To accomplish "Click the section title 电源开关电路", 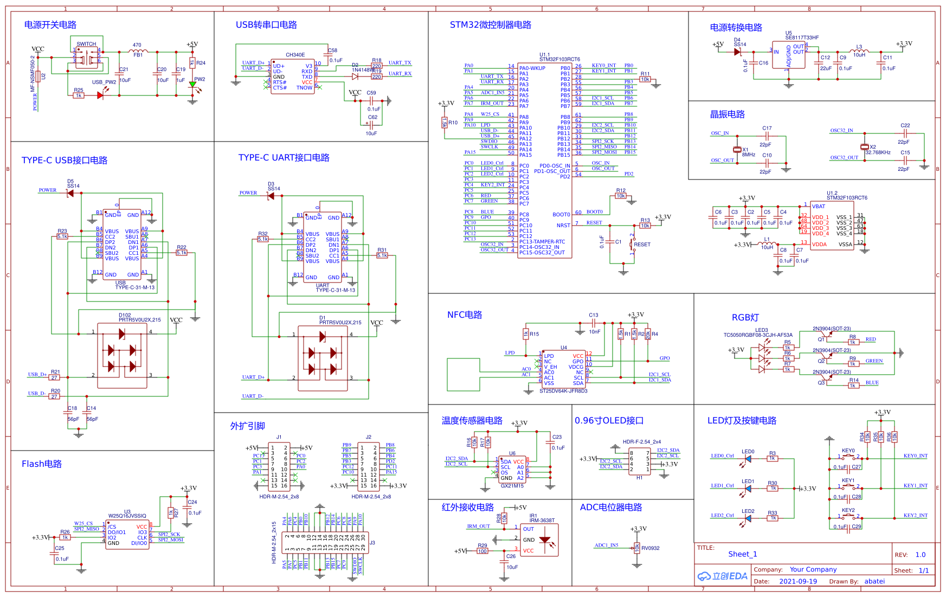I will point(50,25).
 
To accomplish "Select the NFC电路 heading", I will point(464,315).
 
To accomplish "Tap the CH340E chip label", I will point(295,55).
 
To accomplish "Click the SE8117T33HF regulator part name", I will point(802,37).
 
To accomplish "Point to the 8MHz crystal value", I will point(749,155).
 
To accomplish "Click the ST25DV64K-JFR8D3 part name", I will point(563,391).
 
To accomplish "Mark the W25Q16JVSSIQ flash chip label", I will point(127,516).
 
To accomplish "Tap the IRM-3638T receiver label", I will point(542,521).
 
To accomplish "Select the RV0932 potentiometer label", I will point(651,548).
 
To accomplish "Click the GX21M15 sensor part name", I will point(512,486).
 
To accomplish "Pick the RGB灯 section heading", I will point(745,318).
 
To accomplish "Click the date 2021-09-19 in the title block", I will point(798,581).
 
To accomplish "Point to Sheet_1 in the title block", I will point(742,554).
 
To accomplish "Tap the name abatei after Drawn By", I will point(874,581).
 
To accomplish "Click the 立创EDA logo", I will point(722,576).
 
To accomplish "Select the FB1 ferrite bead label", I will point(138,55).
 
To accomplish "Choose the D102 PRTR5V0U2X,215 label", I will point(140,320).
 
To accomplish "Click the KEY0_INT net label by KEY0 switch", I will point(915,456).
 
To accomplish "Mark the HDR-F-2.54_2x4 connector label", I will point(641,442).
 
